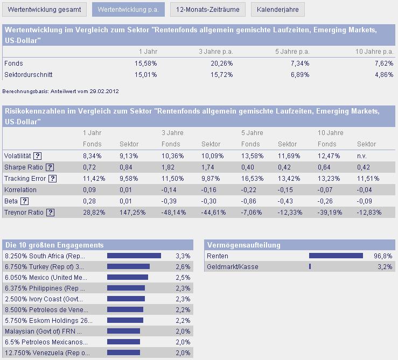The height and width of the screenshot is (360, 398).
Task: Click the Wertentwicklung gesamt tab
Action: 45,9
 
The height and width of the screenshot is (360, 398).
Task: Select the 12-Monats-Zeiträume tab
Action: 208,9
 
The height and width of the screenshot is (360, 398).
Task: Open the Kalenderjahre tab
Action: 277,9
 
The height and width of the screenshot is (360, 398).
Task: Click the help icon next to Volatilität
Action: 38,156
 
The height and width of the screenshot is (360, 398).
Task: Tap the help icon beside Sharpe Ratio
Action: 50,167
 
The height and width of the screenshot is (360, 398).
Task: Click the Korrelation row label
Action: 20,190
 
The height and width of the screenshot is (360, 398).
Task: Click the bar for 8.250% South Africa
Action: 134,256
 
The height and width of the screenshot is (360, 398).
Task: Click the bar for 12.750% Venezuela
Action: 124,352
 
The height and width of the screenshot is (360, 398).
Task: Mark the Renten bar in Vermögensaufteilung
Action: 336,256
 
